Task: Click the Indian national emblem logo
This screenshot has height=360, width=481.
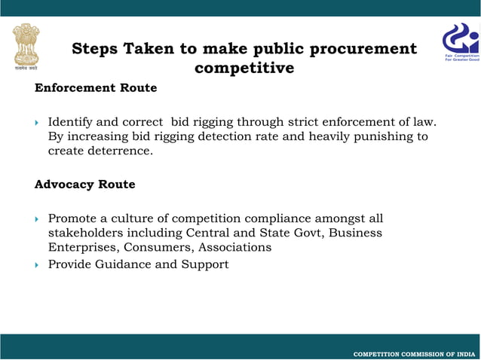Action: (x=26, y=44)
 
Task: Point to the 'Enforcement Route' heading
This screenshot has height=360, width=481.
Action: (x=96, y=88)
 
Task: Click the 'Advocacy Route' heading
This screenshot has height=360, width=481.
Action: (x=85, y=185)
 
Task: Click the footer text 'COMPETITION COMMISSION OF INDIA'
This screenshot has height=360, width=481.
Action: (x=414, y=354)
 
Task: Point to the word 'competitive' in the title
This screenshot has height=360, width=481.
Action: (x=244, y=69)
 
